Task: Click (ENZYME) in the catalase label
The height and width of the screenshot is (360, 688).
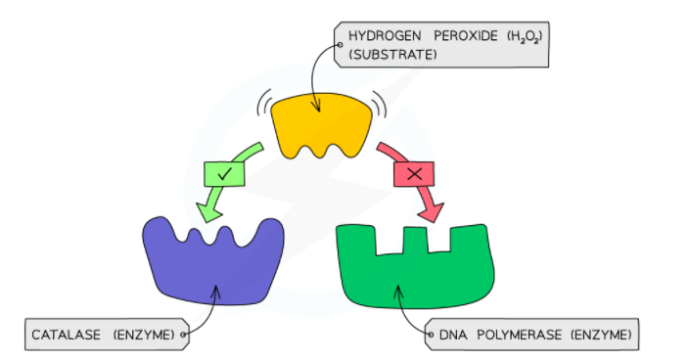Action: pyautogui.click(x=144, y=335)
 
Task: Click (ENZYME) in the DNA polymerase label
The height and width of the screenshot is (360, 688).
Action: pyautogui.click(x=600, y=335)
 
